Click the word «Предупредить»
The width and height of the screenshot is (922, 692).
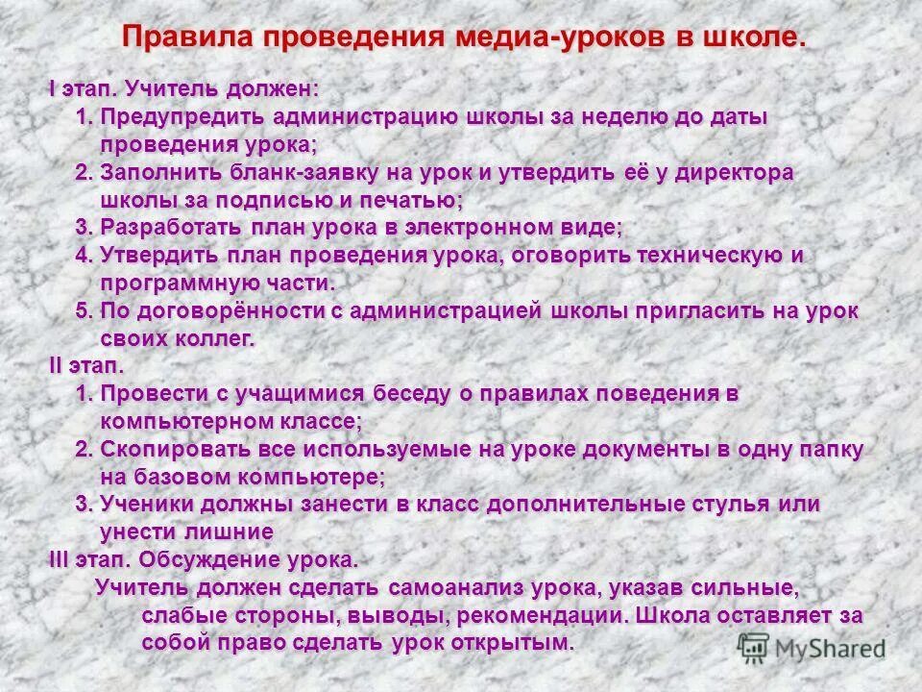(x=182, y=117)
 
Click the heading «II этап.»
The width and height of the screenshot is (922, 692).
(x=86, y=367)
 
